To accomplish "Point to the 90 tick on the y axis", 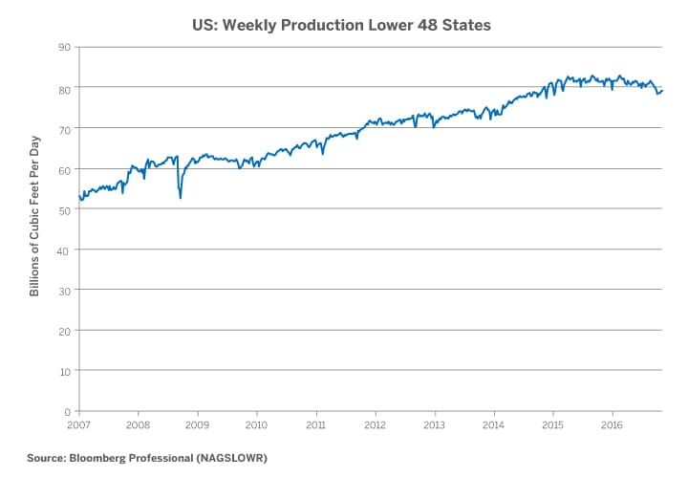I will (65, 47).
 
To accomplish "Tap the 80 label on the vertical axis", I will (65, 88).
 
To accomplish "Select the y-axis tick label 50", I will (65, 209).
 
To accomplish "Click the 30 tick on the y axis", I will (65, 290).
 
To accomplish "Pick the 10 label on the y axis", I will (65, 370).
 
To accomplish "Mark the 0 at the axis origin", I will (68, 411).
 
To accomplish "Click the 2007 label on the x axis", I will (78, 424).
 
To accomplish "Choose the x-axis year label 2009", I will (197, 424).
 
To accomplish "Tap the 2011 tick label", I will (315, 424).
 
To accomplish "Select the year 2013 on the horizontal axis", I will (434, 424).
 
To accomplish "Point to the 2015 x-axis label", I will (552, 424).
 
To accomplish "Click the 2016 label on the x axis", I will (612, 424).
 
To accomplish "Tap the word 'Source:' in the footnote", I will (46, 458).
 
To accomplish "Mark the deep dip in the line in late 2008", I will (181, 197).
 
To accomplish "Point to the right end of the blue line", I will (663, 91).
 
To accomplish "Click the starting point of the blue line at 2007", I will (79, 196).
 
